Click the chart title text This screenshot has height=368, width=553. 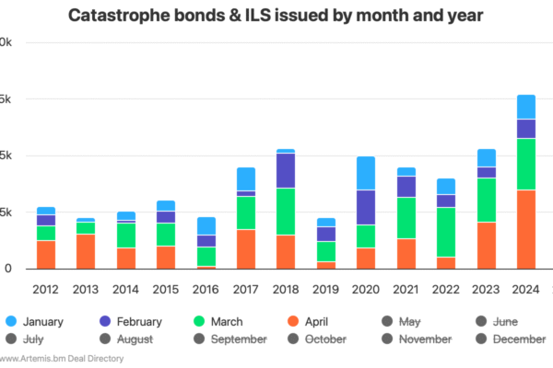coord(276,16)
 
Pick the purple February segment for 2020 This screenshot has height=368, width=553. coord(366,207)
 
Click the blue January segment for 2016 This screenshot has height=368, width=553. coord(206,225)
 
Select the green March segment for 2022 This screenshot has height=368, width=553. coord(446,232)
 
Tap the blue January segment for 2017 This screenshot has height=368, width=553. coord(246,178)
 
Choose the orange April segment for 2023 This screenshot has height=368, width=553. coord(487,245)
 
